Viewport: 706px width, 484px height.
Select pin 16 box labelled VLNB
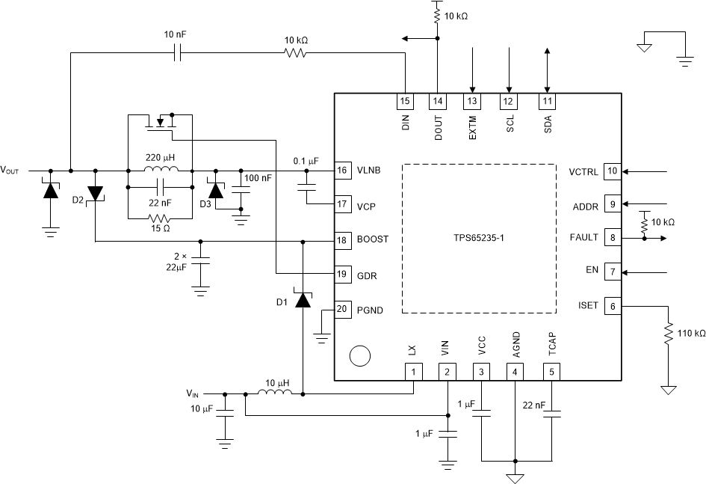click(342, 171)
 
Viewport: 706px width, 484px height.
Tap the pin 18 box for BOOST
click(342, 240)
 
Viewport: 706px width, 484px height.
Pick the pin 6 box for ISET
click(612, 305)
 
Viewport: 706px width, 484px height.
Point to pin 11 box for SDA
click(548, 101)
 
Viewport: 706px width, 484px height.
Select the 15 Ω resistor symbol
click(160, 219)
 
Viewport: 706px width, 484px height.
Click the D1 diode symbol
click(303, 300)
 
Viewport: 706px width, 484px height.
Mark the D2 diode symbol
click(96, 193)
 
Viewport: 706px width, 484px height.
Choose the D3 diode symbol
click(217, 190)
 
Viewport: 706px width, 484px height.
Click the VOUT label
click(13, 171)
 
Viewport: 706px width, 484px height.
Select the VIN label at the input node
click(193, 392)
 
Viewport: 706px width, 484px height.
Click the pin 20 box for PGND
click(342, 309)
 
